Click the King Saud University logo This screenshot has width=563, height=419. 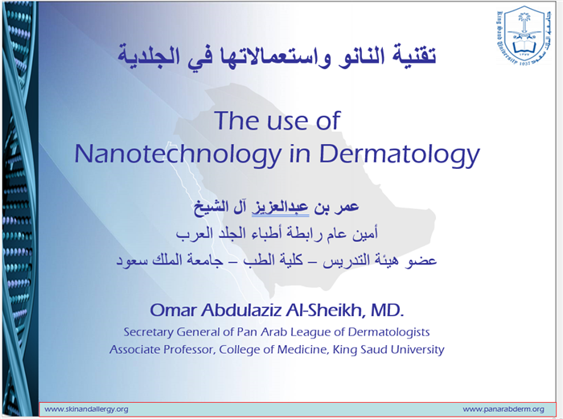point(524,36)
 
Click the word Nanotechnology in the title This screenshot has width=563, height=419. point(178,154)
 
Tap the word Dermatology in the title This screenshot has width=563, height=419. point(399,154)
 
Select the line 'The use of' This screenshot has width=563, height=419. point(277,121)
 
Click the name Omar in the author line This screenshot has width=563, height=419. point(174,310)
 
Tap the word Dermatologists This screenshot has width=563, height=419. point(388,332)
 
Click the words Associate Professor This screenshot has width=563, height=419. point(162,349)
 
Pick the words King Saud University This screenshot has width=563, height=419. point(388,349)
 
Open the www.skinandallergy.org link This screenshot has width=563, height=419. point(86,409)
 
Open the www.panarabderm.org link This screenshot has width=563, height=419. point(503,409)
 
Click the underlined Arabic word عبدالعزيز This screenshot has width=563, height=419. point(280,207)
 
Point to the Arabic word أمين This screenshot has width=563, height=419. point(365,234)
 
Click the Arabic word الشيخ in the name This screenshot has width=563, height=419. point(211,208)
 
